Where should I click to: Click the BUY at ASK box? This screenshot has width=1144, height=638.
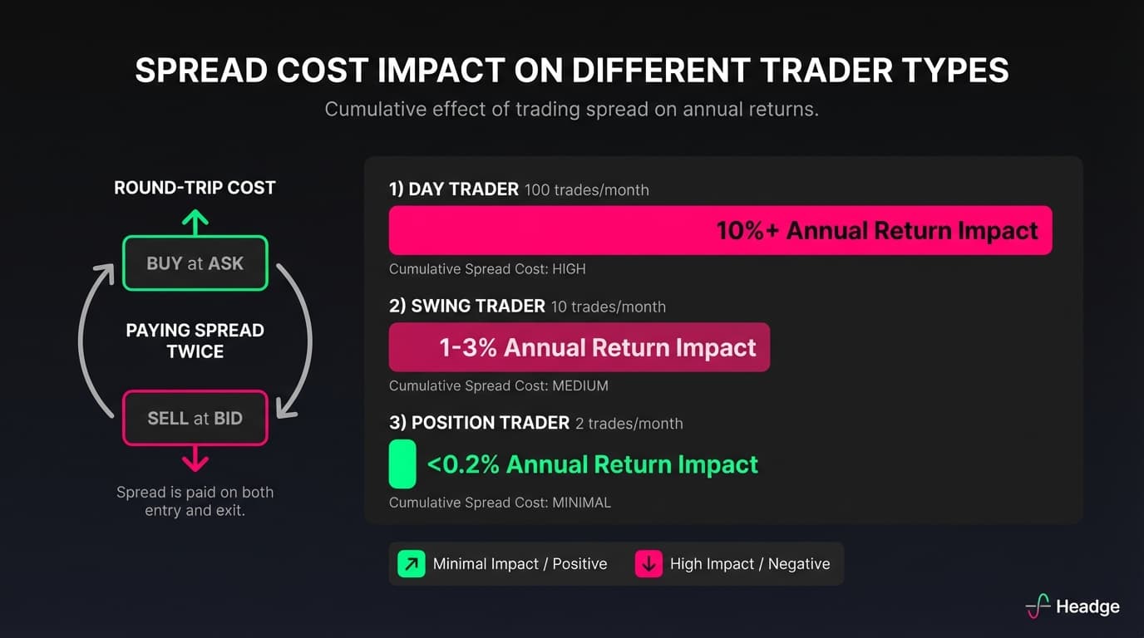[x=195, y=263]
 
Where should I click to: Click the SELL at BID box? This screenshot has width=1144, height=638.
[x=195, y=418]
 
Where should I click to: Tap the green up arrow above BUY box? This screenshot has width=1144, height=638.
[x=195, y=221]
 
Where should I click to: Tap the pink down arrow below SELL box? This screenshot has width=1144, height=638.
[x=195, y=458]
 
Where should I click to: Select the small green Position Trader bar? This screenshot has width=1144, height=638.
[x=402, y=464]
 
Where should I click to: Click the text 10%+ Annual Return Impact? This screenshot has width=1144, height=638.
[x=877, y=230]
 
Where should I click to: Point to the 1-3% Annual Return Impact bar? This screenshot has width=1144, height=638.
[x=579, y=347]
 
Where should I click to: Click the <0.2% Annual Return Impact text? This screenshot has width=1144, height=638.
[x=592, y=464]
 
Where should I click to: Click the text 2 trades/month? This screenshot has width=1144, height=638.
[x=629, y=424]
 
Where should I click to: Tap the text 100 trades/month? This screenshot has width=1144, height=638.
[x=587, y=190]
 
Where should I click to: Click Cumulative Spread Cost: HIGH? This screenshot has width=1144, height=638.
[x=487, y=269]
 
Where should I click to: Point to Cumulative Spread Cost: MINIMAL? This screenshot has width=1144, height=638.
[x=500, y=503]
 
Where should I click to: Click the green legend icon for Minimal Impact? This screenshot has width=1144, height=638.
[x=411, y=564]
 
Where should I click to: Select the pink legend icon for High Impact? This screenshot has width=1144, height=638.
[x=648, y=564]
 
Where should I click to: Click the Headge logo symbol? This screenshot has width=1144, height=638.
[x=1038, y=606]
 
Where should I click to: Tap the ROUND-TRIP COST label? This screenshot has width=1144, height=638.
[x=195, y=188]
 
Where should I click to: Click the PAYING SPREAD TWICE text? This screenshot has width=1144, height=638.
[x=195, y=341]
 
